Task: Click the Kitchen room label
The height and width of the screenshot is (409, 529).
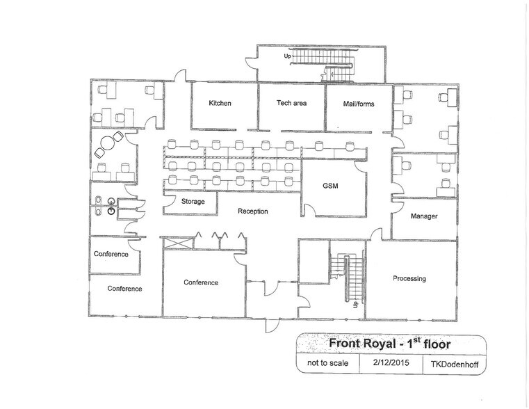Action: click(220, 104)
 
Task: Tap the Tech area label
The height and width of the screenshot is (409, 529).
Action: click(291, 103)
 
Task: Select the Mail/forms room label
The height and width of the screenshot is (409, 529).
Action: click(359, 104)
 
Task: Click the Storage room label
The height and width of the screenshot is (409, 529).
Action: click(193, 202)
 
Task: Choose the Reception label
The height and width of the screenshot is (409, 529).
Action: click(252, 211)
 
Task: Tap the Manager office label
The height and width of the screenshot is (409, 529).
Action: click(423, 217)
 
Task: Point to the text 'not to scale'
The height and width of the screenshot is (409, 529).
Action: click(323, 363)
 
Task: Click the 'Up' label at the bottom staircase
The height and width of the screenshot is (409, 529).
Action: click(356, 304)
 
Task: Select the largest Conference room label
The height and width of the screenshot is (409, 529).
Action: click(201, 282)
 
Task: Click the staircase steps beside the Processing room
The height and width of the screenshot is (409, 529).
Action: click(352, 278)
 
